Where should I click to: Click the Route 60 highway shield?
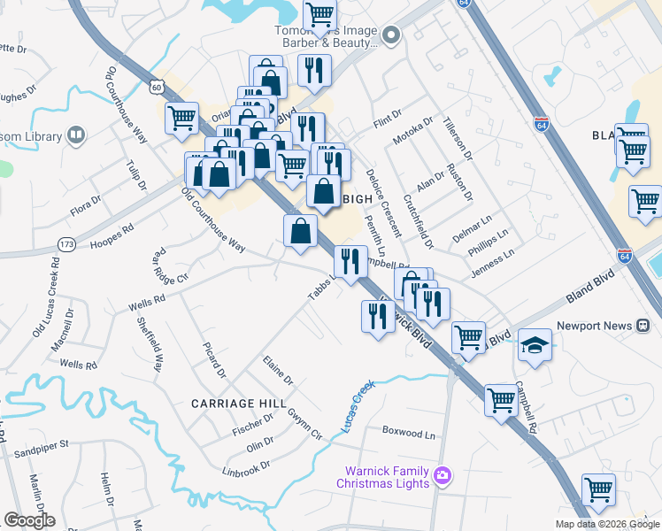[x=157, y=87]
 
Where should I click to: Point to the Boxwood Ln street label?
[x=409, y=435]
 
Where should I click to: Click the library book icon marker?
[x=77, y=135]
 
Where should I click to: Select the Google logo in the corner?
[x=28, y=520]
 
